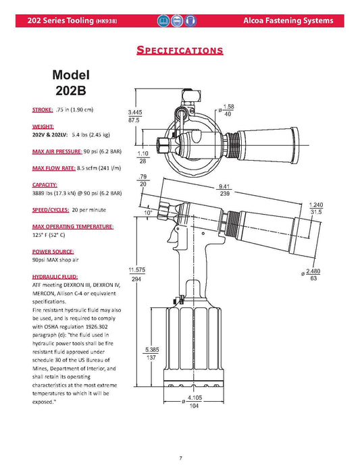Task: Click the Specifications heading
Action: point(180,49)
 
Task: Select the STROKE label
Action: point(43,109)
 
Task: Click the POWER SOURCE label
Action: point(52,251)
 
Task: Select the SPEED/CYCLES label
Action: point(49,210)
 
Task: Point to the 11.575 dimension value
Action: point(138,269)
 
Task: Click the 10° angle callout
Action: point(167,211)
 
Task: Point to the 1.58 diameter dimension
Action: point(228,107)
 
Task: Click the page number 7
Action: point(180,458)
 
